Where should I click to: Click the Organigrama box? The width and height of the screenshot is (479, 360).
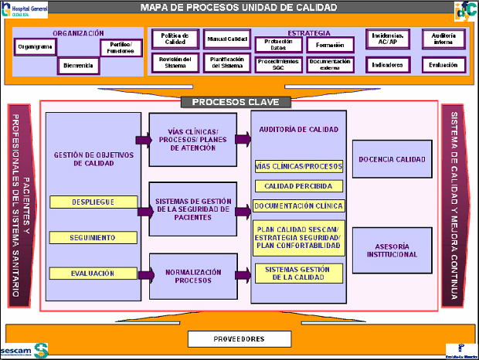(34, 47)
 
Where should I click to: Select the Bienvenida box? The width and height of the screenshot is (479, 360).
(78, 66)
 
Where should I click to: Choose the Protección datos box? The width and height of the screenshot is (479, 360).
(273, 44)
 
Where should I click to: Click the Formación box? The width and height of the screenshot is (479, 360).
(330, 44)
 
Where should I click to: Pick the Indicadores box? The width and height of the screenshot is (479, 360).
(387, 66)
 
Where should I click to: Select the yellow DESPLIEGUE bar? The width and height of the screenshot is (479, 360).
(93, 202)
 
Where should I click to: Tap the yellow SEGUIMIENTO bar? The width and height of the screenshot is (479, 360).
(93, 237)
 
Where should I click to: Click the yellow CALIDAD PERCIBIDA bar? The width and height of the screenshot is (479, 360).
(298, 186)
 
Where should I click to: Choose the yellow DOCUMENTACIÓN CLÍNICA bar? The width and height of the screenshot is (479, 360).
(298, 206)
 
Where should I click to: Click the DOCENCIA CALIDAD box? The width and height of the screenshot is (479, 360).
(392, 160)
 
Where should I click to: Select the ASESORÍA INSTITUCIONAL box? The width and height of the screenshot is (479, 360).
(392, 250)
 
